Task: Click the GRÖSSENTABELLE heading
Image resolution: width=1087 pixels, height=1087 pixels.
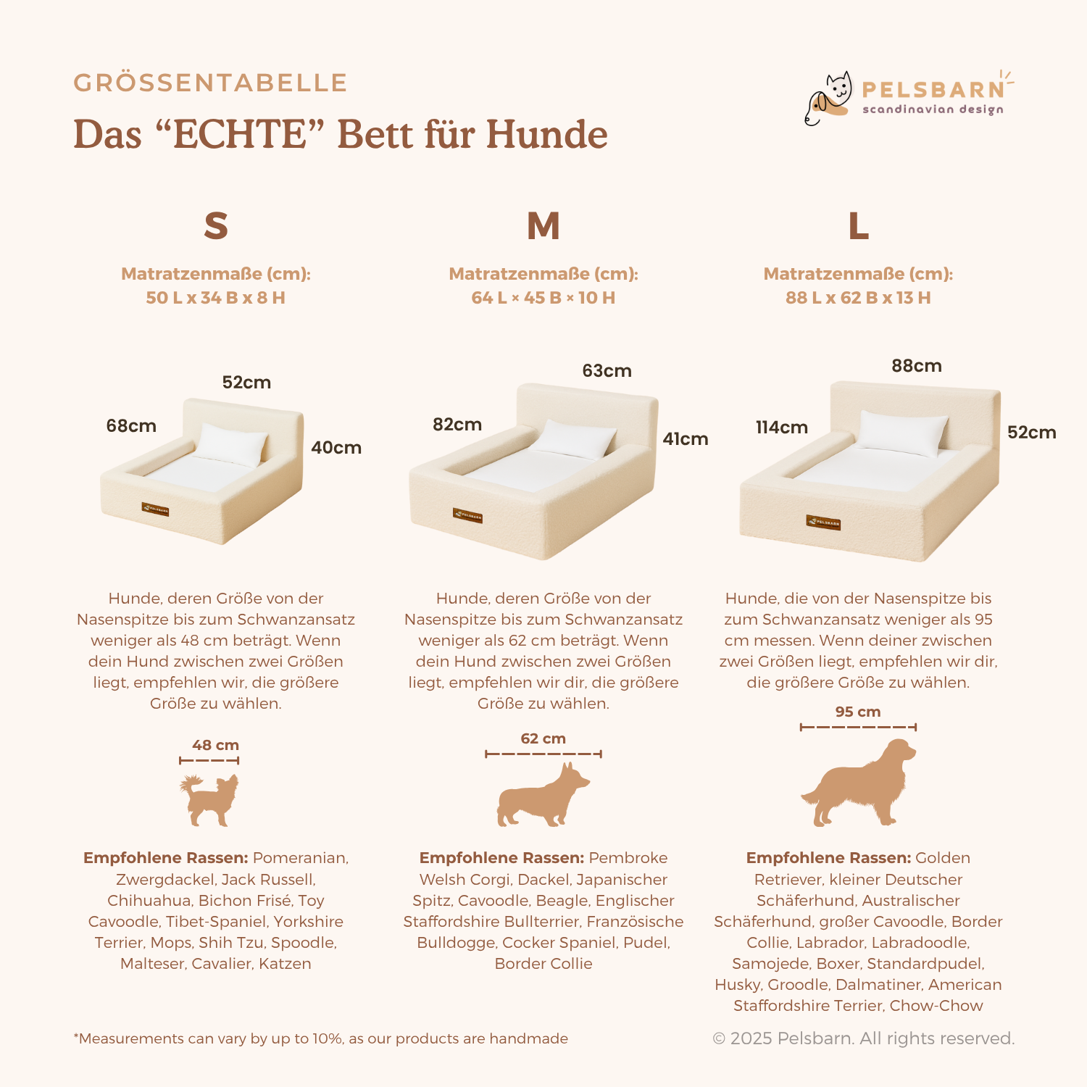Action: pos(210,83)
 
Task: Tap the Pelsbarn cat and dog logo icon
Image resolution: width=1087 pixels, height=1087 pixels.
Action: pos(828,99)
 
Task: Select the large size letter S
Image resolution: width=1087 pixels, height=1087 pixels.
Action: pos(216,226)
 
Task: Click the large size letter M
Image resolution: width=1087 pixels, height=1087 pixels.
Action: pos(543,226)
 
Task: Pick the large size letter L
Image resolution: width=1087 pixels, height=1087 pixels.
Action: pos(859,226)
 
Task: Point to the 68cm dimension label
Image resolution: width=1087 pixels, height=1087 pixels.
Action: pos(131,425)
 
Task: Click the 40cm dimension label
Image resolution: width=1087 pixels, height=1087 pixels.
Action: pos(336,447)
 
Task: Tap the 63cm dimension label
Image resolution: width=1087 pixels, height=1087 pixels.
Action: pos(607,370)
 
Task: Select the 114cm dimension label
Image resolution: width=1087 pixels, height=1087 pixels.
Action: pos(782,427)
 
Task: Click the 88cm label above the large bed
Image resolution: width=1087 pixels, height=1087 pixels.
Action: pos(917,365)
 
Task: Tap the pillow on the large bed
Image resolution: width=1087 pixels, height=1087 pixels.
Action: pos(904,432)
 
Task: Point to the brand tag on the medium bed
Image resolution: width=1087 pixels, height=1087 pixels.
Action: pos(467,515)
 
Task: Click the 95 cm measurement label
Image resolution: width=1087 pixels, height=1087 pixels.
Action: pos(858,712)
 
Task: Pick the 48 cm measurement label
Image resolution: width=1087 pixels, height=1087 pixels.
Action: pos(215,745)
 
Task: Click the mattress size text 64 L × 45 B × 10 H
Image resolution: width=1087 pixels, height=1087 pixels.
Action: pos(543,298)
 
